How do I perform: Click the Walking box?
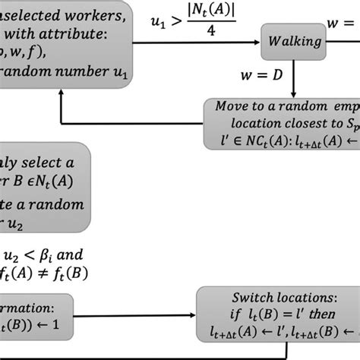[x=292, y=42]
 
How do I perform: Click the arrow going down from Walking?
[x=292, y=76]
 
